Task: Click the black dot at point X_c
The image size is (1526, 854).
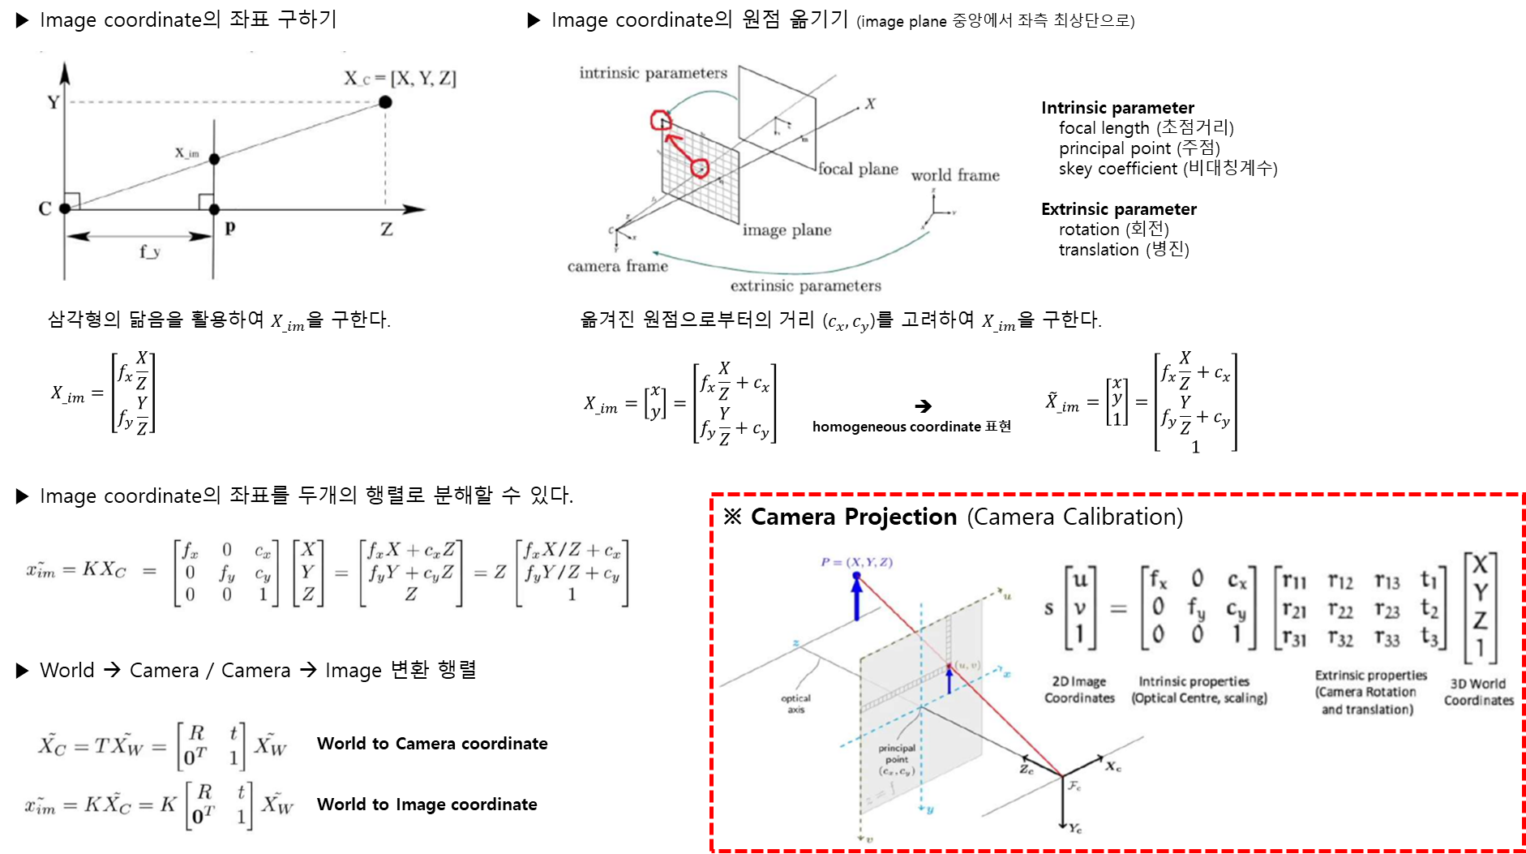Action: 386,102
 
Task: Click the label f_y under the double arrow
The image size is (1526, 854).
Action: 150,252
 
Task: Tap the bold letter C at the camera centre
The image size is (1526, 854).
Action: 45,209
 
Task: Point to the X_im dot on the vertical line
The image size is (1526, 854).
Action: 214,159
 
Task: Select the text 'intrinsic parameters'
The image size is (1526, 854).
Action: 653,74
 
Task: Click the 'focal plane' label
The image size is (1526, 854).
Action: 858,170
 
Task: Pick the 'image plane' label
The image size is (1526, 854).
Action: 787,230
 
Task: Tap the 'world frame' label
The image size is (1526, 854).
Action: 955,176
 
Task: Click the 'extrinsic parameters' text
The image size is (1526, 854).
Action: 805,286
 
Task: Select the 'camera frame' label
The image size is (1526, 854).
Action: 618,267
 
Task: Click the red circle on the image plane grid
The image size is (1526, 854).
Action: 700,169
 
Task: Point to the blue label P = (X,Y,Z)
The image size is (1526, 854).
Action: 856,562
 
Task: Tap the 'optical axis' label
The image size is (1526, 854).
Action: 795,704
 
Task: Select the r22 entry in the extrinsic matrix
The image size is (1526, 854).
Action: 1340,609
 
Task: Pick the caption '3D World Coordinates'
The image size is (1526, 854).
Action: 1478,692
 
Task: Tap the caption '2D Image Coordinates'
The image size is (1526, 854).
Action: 1079,689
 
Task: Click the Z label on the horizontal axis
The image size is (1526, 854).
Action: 387,230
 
